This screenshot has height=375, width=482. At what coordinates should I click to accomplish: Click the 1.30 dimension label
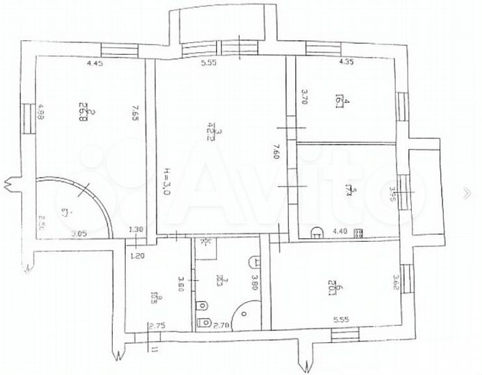135,231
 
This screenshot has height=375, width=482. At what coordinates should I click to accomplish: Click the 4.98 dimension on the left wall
41,113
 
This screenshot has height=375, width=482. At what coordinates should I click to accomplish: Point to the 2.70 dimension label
221,325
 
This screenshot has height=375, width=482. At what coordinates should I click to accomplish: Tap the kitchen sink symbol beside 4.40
317,233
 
